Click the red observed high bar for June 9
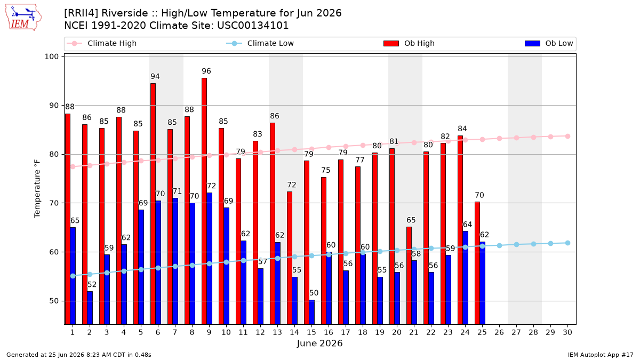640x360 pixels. click(204, 201)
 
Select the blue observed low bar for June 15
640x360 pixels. click(311, 312)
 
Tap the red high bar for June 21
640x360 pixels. click(409, 275)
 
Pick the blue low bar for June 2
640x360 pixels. click(90, 308)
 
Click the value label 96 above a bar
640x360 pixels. click(206, 71)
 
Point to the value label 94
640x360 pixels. click(155, 76)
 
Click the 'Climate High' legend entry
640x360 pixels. click(102, 43)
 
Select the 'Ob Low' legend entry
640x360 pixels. click(549, 43)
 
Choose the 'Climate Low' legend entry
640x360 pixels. click(260, 43)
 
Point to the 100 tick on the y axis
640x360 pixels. click(51, 57)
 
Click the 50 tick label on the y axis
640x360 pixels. click(54, 301)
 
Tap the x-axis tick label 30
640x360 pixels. click(567, 332)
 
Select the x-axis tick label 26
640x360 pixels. click(499, 332)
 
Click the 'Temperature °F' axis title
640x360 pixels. click(37, 189)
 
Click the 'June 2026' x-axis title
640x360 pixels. click(319, 343)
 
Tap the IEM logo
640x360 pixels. click(23, 18)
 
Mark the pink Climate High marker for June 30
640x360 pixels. click(567, 137)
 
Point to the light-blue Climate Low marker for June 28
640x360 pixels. click(533, 244)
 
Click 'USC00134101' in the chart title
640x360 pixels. click(253, 26)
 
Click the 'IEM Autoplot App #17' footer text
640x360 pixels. click(601, 355)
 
